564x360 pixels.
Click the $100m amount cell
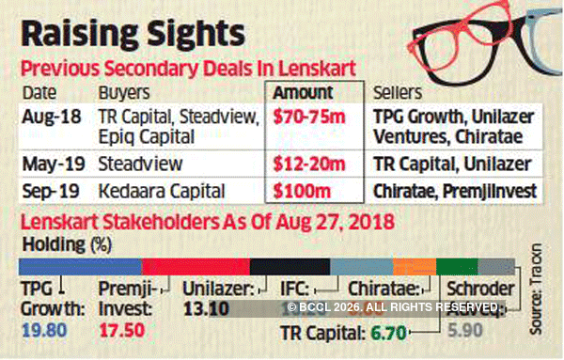pyautogui.click(x=295, y=192)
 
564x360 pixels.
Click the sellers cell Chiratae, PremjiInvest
pyautogui.click(x=447, y=192)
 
